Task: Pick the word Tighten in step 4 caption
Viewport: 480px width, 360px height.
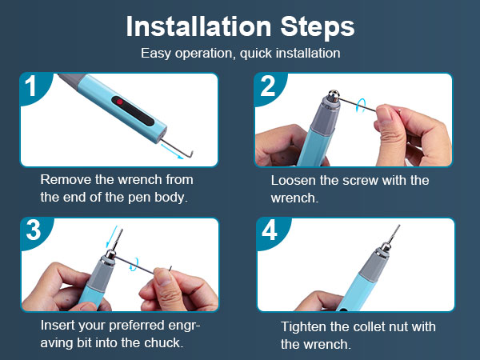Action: (x=306, y=326)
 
